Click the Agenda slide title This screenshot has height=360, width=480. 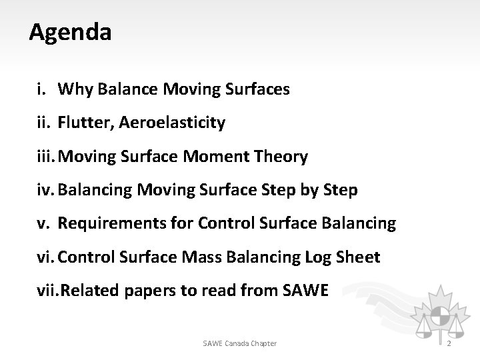70,31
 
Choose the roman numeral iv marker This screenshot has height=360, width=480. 45,191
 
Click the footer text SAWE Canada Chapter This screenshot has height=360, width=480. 239,343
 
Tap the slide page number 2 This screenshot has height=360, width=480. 450,343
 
